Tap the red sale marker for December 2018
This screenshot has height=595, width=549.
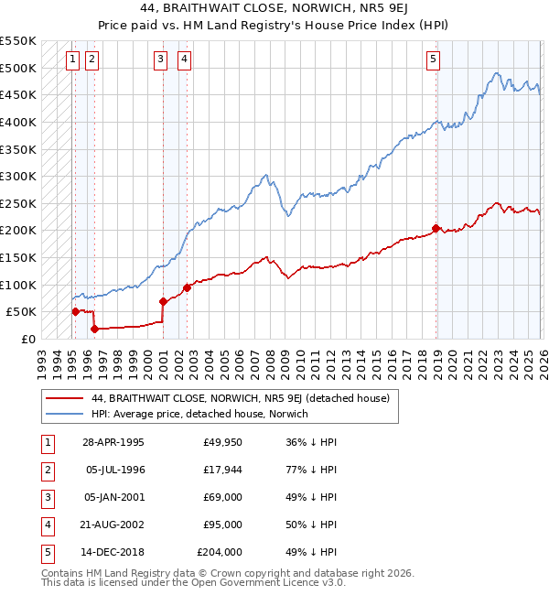click(x=436, y=228)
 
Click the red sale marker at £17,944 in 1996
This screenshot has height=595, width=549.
click(x=93, y=329)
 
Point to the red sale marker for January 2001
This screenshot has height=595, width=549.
click(x=163, y=301)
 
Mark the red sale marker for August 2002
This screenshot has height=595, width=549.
click(x=187, y=287)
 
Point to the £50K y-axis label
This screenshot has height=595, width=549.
click(x=21, y=312)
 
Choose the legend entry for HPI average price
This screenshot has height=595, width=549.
click(x=199, y=414)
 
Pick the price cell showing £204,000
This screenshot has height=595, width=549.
click(x=220, y=552)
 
